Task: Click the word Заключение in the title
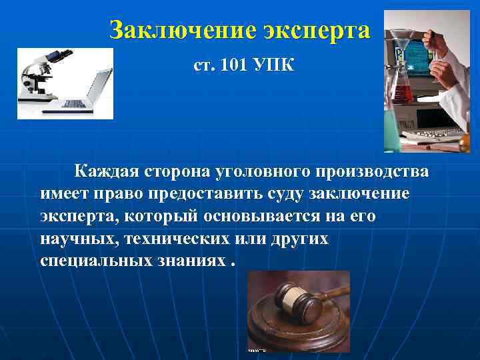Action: (174, 31)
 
